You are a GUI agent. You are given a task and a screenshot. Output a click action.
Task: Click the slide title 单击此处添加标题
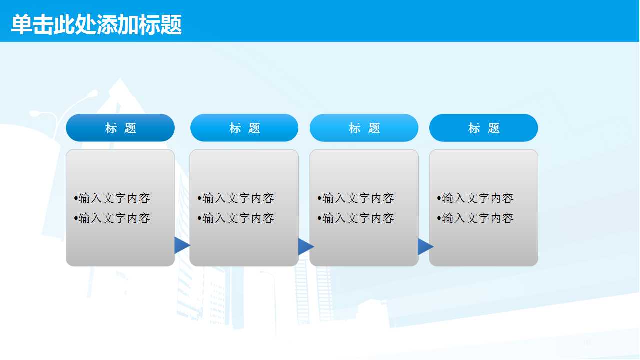point(96,25)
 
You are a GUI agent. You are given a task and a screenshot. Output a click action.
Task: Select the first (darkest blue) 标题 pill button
point(120,128)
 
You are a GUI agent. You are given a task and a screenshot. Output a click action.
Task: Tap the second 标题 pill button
point(244,128)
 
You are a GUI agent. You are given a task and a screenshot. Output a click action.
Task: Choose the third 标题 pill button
point(364,128)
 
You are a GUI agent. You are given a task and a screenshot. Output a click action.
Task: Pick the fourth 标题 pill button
point(483,128)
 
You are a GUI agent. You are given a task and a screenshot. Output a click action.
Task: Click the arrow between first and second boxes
point(182,245)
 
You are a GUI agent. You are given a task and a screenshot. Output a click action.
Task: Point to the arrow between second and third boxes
point(305,246)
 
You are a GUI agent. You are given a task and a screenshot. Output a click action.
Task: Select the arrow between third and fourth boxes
point(425,246)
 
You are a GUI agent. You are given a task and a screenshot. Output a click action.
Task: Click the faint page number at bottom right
point(587,342)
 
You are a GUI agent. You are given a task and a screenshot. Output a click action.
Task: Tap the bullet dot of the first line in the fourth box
point(439,199)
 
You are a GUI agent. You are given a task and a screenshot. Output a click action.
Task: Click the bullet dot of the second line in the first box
point(76,219)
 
